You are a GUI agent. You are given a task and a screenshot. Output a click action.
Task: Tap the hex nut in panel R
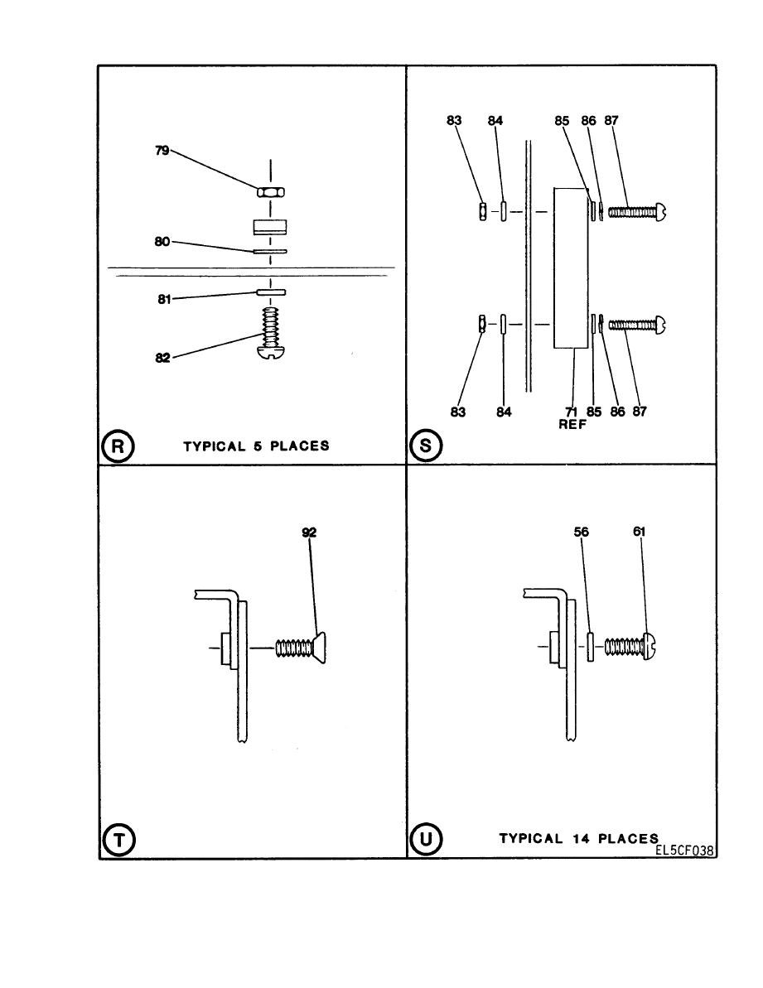point(270,192)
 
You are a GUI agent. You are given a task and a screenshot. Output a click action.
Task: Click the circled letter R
point(118,446)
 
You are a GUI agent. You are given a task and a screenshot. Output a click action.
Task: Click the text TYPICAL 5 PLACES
point(256,446)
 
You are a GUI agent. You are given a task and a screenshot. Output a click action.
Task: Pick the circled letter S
point(426,446)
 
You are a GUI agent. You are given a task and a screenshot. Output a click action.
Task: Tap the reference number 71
point(571,412)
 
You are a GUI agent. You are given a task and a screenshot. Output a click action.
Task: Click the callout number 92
point(309,534)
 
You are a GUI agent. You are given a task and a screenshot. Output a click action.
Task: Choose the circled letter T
point(118,839)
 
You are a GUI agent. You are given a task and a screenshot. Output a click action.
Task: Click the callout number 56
point(581,534)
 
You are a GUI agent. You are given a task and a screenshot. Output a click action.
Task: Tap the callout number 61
point(639,534)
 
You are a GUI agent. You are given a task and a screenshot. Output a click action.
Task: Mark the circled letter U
point(426,839)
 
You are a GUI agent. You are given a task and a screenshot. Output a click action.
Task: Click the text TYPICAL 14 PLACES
point(578,838)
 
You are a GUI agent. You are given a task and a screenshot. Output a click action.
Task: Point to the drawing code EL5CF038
point(685,851)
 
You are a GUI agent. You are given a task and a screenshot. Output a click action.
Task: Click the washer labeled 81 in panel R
point(271,292)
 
